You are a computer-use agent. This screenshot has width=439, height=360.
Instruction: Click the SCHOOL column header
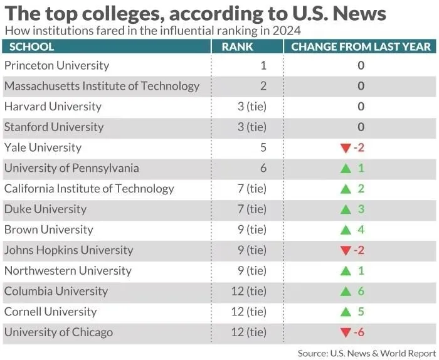[32, 46]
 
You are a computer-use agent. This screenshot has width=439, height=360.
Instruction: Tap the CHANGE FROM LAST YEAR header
[361, 46]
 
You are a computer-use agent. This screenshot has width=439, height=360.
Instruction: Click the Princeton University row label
[56, 65]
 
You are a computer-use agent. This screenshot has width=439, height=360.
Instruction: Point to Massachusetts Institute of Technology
[102, 86]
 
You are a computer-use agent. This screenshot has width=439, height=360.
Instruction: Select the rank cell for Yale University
[262, 147]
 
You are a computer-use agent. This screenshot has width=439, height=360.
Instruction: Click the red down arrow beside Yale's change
[345, 148]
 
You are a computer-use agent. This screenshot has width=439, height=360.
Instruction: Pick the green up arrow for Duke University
[345, 209]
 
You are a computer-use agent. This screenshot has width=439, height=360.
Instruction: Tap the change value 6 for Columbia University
[361, 291]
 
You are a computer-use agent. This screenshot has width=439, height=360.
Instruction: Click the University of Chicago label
[58, 332]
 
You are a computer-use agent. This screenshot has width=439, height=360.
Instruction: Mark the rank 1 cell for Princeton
[263, 65]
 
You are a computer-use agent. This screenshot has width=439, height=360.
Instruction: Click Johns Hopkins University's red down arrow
[345, 251]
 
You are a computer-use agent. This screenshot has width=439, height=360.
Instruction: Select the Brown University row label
[48, 230]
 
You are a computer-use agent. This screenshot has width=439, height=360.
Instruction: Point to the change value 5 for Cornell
[361, 312]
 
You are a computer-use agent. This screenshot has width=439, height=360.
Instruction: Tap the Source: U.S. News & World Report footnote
[366, 353]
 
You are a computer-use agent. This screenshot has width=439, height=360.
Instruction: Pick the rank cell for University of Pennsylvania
[262, 168]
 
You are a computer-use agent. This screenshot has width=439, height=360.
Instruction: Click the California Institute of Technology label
[89, 189]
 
